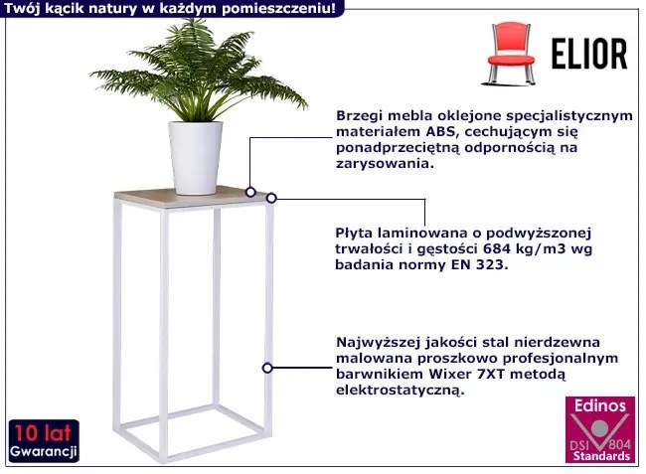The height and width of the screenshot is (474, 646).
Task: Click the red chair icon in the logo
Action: pyautogui.click(x=511, y=54)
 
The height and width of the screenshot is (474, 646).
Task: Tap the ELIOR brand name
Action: pyautogui.click(x=589, y=54)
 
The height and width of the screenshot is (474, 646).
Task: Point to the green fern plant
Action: pyautogui.click(x=198, y=70)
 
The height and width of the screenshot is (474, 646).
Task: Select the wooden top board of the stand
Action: pyautogui.click(x=193, y=197)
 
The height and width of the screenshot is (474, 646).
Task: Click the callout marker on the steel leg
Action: pyautogui.click(x=267, y=368)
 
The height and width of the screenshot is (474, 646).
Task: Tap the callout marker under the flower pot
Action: pyautogui.click(x=250, y=192)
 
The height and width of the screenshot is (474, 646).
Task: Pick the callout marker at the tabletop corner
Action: pyautogui.click(x=271, y=198)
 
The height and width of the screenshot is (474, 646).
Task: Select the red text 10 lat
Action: pyautogui.click(x=44, y=433)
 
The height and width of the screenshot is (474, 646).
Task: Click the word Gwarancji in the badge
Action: pyautogui.click(x=44, y=451)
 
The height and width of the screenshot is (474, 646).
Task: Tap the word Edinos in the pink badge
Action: pyautogui.click(x=600, y=405)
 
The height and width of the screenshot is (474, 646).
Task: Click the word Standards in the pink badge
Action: pyautogui.click(x=601, y=456)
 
